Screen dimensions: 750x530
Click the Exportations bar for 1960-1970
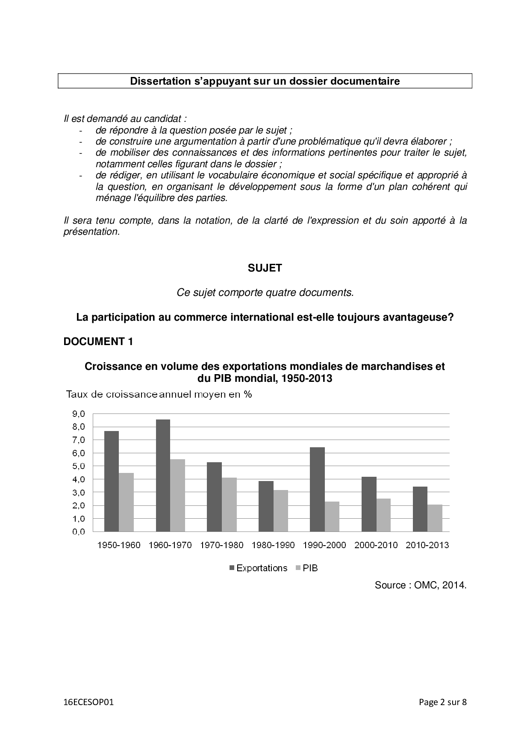point(163,475)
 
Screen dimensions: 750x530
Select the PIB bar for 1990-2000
point(332,517)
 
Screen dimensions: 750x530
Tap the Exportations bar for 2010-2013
point(420,509)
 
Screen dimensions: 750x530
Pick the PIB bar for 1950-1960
point(126,502)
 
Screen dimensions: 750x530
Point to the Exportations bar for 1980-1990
point(266,506)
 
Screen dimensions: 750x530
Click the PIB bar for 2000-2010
point(383,515)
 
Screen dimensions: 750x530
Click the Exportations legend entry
point(258,568)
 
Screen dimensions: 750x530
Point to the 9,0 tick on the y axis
point(79,413)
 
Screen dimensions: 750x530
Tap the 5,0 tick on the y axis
point(79,466)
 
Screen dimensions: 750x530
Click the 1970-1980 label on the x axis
point(221,545)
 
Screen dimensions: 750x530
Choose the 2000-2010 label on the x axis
point(376,545)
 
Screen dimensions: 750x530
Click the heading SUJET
point(265,268)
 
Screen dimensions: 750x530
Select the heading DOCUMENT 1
point(98,341)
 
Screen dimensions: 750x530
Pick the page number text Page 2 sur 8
point(442,702)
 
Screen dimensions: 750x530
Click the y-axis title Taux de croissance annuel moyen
point(159,394)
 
